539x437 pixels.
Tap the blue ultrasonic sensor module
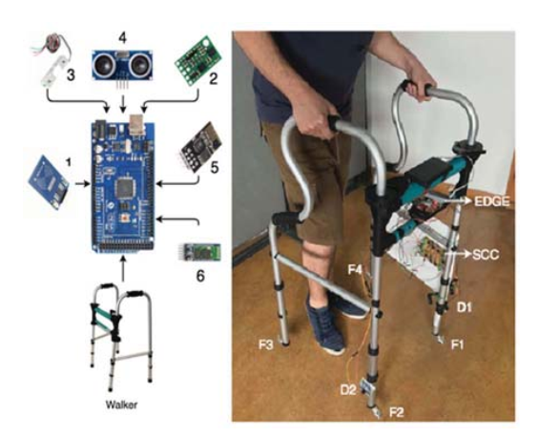pyautogui.click(x=123, y=65)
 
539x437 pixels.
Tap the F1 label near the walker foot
pyautogui.click(x=457, y=341)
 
